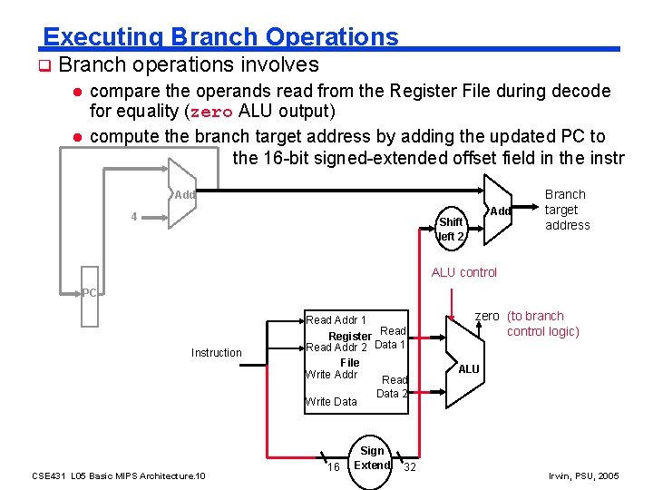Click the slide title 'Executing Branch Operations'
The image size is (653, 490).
[x=220, y=37]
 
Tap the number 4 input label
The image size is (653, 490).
[x=134, y=217]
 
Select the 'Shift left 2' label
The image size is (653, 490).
[x=451, y=229]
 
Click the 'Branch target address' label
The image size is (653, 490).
[x=567, y=210]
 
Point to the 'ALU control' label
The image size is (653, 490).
[x=464, y=272]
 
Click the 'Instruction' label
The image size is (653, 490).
[x=216, y=352]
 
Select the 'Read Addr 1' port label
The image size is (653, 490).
[x=336, y=319]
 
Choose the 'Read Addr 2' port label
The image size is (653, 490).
[x=336, y=348]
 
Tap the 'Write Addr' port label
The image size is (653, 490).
[x=331, y=374]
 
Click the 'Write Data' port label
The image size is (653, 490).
[x=331, y=401]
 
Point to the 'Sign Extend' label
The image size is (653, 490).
[x=372, y=458]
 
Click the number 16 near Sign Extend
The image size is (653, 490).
[x=333, y=467]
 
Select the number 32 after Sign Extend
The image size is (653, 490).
[x=410, y=467]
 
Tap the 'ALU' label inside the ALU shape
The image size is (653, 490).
[x=469, y=369]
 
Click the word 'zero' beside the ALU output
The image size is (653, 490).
[x=487, y=316]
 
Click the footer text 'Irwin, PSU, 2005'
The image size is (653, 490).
[x=584, y=475]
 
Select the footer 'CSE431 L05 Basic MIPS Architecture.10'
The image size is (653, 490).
[x=119, y=475]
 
